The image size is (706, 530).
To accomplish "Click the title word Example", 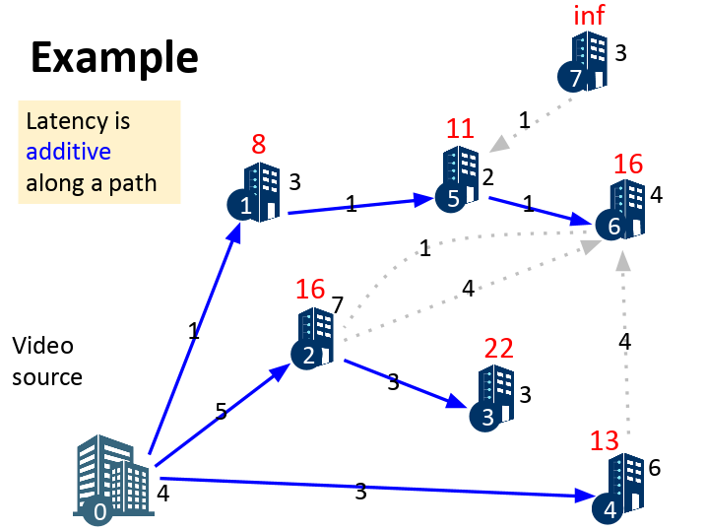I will (x=114, y=57).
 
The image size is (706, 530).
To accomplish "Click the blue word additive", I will (x=68, y=152).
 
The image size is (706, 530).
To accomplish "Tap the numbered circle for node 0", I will (x=99, y=510).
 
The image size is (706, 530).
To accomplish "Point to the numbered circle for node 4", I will (x=610, y=510).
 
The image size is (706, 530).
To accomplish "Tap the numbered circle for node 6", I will (x=614, y=226).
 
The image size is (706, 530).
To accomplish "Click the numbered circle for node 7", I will (x=576, y=77).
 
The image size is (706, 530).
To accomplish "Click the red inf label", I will (x=589, y=16).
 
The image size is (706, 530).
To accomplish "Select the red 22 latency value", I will (x=500, y=349).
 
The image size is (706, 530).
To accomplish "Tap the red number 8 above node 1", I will (x=258, y=145).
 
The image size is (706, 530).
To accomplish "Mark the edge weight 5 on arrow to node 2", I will (x=222, y=412).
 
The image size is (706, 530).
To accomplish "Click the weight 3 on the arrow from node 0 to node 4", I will (x=360, y=492).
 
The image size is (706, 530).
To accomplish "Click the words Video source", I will (x=46, y=361).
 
